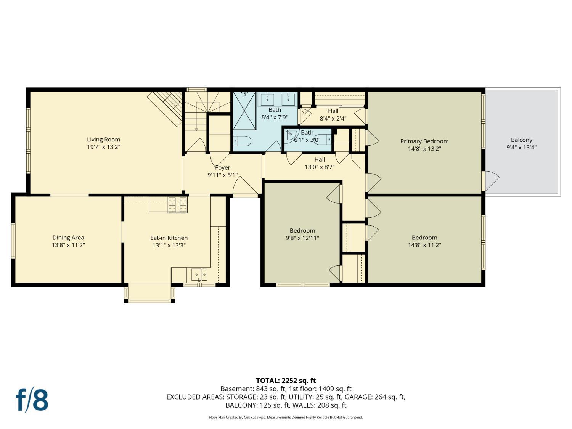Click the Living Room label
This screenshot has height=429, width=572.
click(x=103, y=140)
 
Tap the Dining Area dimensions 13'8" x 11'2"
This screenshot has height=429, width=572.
click(x=68, y=245)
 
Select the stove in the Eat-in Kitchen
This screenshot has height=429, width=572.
click(x=178, y=204)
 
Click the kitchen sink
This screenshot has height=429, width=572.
click(x=199, y=274)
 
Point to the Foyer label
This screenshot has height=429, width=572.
click(x=222, y=167)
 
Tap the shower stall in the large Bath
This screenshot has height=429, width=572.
click(x=244, y=111)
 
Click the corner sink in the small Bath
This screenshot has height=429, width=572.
click(x=291, y=134)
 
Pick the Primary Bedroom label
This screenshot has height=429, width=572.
click(x=424, y=141)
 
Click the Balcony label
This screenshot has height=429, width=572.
click(x=521, y=140)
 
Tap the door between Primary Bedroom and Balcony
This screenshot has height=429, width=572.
click(x=491, y=181)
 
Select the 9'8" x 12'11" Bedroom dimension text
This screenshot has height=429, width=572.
click(x=302, y=238)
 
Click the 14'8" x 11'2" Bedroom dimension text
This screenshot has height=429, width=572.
click(x=424, y=245)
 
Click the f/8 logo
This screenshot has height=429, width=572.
click(x=32, y=400)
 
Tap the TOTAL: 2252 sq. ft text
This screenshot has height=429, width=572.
click(x=286, y=381)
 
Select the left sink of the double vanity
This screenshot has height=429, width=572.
click(x=267, y=99)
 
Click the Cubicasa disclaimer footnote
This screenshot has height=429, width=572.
click(x=286, y=417)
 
